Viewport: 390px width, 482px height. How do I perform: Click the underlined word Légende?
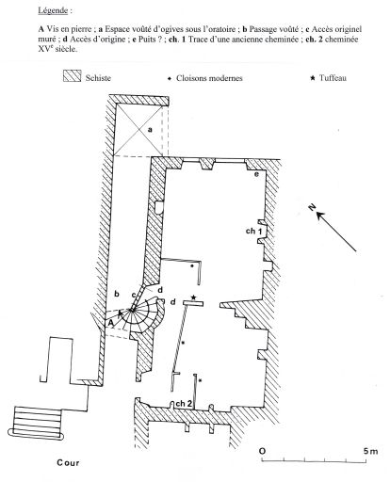pyautogui.click(x=53, y=10)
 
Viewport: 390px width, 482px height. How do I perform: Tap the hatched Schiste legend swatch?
pyautogui.click(x=72, y=76)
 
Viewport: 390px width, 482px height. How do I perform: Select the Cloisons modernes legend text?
pyautogui.click(x=209, y=78)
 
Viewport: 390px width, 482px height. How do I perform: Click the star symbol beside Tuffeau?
pyautogui.click(x=312, y=78)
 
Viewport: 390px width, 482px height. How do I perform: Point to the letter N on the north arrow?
pyautogui.click(x=312, y=207)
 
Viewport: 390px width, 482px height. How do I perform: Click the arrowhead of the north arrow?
pyautogui.click(x=320, y=216)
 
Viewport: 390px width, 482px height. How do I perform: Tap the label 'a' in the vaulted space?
pyautogui.click(x=150, y=129)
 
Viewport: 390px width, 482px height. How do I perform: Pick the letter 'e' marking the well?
pyautogui.click(x=256, y=174)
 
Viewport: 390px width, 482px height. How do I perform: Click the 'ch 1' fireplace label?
pyautogui.click(x=253, y=231)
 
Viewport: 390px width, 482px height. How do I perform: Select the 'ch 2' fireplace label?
pyautogui.click(x=184, y=403)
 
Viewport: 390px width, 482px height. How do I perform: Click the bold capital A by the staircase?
pyautogui.click(x=110, y=323)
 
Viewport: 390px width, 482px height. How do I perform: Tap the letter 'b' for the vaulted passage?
pyautogui.click(x=117, y=294)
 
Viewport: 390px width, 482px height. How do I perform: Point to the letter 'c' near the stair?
pyautogui.click(x=133, y=295)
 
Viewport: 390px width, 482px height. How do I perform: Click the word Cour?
pyautogui.click(x=68, y=462)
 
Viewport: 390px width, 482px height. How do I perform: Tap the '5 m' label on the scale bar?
pyautogui.click(x=370, y=451)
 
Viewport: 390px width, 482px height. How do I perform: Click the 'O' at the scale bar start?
pyautogui.click(x=262, y=451)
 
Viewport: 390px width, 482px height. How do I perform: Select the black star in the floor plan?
pyautogui.click(x=193, y=297)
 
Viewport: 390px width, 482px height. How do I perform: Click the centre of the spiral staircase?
pyautogui.click(x=131, y=311)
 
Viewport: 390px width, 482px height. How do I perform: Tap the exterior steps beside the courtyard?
pyautogui.click(x=36, y=422)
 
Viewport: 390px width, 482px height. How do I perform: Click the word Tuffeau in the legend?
pyautogui.click(x=333, y=78)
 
